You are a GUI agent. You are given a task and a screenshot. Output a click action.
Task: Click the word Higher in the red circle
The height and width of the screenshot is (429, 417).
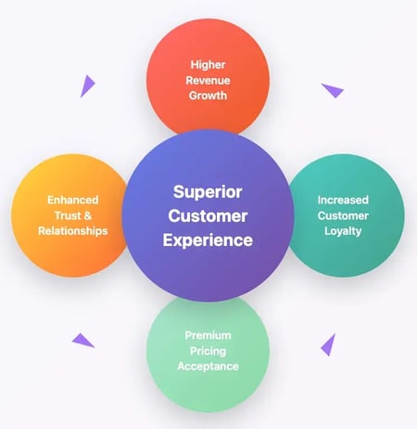pyautogui.click(x=208, y=65)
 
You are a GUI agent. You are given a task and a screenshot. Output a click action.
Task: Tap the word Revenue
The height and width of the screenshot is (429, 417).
pyautogui.click(x=208, y=80)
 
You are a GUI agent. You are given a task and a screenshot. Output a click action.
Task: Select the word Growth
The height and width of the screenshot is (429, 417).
pyautogui.click(x=208, y=96)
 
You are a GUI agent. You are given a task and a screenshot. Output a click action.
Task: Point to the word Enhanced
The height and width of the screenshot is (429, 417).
pyautogui.click(x=73, y=200)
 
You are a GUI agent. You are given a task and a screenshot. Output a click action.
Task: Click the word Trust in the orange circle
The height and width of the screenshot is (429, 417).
pyautogui.click(x=66, y=214)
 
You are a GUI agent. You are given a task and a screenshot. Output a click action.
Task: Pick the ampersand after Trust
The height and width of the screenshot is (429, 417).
pyautogui.click(x=91, y=214)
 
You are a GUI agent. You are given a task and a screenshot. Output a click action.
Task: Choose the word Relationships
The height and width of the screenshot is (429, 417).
pyautogui.click(x=73, y=230)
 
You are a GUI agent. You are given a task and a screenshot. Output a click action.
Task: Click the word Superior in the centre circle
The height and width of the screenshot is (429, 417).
pyautogui.click(x=208, y=192)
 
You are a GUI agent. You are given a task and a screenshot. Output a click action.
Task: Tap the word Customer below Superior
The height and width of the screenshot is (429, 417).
pyautogui.click(x=208, y=215)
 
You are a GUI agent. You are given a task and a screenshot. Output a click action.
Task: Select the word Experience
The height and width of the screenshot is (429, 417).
pyautogui.click(x=208, y=240)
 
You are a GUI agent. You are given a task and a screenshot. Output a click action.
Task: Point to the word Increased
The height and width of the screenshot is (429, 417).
pyautogui.click(x=343, y=200)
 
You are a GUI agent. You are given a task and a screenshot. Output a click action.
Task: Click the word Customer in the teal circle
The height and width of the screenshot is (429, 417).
pyautogui.click(x=343, y=214)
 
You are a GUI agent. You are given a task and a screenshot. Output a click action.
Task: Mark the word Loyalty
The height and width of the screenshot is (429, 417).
pyautogui.click(x=343, y=230)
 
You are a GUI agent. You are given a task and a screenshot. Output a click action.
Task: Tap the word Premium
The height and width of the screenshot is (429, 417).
pyautogui.click(x=208, y=335)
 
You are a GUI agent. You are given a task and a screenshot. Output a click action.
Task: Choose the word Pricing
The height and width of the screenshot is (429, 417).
pyautogui.click(x=208, y=350)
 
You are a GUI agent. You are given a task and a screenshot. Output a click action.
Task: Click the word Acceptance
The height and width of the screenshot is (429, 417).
pyautogui.click(x=208, y=366)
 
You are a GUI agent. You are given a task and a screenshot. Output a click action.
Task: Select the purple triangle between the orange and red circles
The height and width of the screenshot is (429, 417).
pyautogui.click(x=86, y=86)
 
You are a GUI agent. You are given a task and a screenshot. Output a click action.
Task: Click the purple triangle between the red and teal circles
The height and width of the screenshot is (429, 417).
pyautogui.click(x=332, y=90)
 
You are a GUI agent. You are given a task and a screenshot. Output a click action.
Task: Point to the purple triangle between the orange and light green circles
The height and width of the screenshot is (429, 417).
pyautogui.click(x=83, y=341)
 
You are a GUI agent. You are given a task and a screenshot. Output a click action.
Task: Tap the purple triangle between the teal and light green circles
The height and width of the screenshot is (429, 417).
pyautogui.click(x=329, y=345)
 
